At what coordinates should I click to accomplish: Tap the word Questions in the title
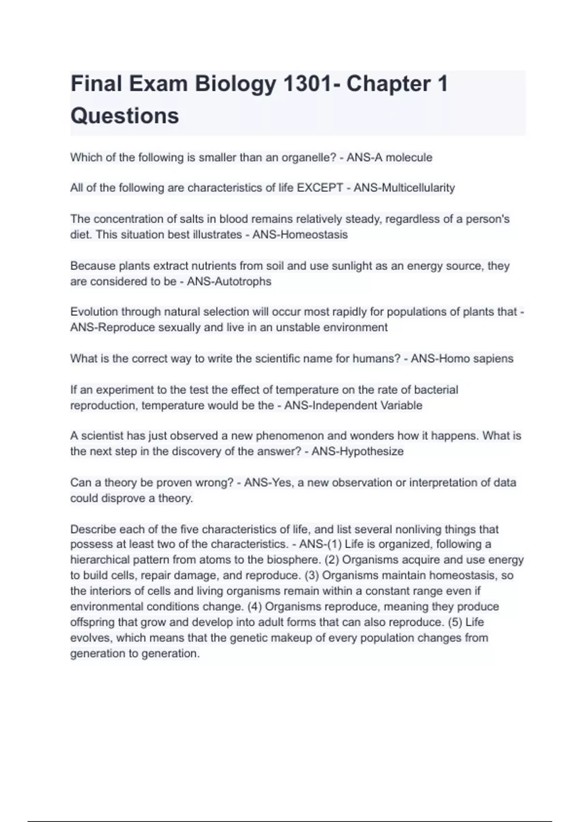[125, 116]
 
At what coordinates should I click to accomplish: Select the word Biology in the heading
[236, 84]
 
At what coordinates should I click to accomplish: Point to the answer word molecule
[409, 158]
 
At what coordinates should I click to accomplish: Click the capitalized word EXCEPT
[319, 188]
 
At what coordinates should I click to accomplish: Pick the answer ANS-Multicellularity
[404, 188]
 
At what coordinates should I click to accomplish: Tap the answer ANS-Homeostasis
[300, 235]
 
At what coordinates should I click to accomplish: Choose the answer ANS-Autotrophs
[229, 281]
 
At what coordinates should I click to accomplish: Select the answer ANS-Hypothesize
[358, 452]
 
